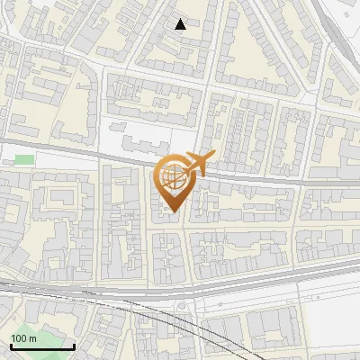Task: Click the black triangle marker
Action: click(181, 24)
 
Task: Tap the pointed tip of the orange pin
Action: click(173, 212)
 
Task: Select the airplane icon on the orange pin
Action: click(199, 163)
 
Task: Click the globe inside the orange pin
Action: click(173, 177)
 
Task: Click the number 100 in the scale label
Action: click(19, 338)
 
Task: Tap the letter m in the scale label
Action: click(32, 338)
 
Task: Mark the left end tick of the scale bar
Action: click(11, 346)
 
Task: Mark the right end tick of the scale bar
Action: click(74, 346)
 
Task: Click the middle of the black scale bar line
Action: click(42, 347)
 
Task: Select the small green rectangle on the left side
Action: click(24, 160)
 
